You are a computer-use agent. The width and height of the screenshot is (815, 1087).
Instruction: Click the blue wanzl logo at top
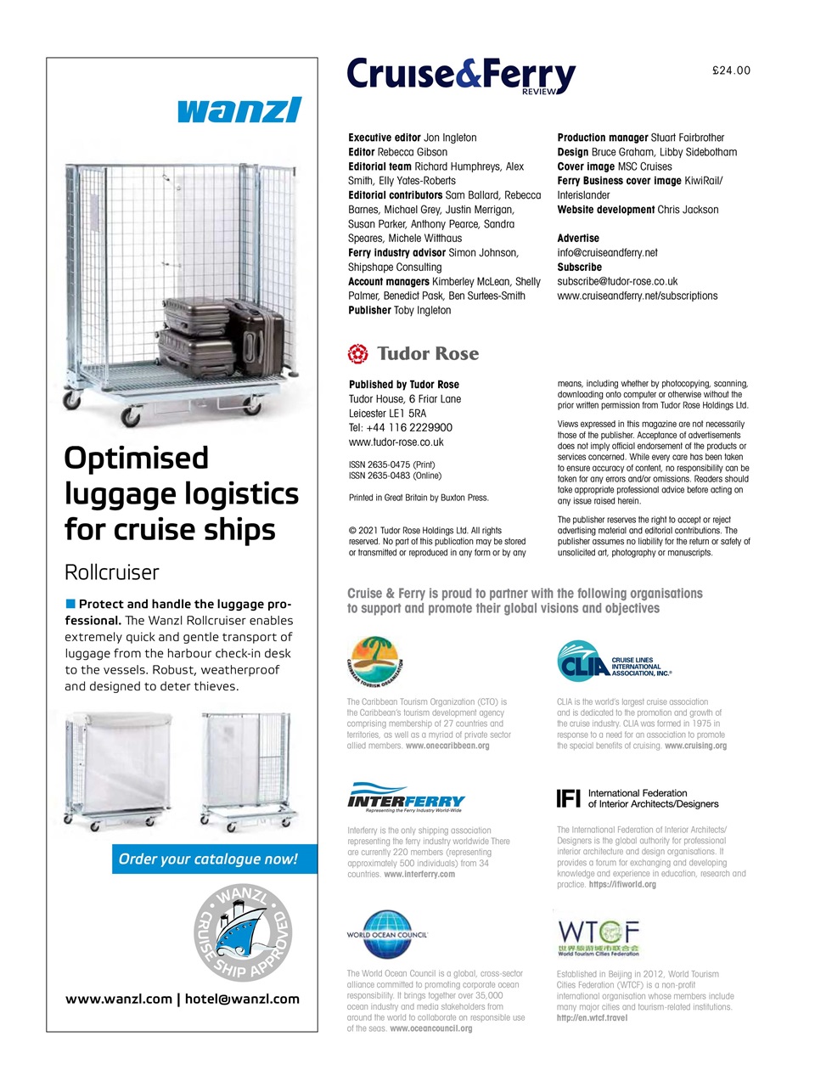(x=239, y=110)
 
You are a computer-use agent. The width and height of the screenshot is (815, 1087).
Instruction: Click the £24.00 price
(x=731, y=70)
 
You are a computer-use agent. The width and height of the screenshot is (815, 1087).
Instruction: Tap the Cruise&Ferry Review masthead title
(x=460, y=75)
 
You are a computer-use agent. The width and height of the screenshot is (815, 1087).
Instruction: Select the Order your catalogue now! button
(x=209, y=859)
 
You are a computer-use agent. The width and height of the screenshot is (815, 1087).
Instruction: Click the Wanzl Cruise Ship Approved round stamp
(x=242, y=933)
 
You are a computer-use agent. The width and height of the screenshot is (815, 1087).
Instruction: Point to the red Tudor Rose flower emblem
(x=358, y=353)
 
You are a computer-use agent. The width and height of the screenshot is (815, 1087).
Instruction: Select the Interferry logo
(x=406, y=799)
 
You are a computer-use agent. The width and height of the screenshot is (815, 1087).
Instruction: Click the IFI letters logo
(x=568, y=798)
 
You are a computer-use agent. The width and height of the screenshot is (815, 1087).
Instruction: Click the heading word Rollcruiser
(x=112, y=572)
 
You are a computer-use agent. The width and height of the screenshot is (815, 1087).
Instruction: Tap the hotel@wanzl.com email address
(x=242, y=999)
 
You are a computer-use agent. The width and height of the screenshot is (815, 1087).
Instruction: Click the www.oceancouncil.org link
(x=430, y=1028)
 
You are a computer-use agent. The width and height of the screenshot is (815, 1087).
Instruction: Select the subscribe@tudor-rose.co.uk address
(x=617, y=281)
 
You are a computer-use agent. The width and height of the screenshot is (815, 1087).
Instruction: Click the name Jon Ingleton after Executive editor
(x=450, y=138)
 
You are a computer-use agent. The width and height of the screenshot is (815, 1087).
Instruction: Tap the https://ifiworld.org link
(x=621, y=884)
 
